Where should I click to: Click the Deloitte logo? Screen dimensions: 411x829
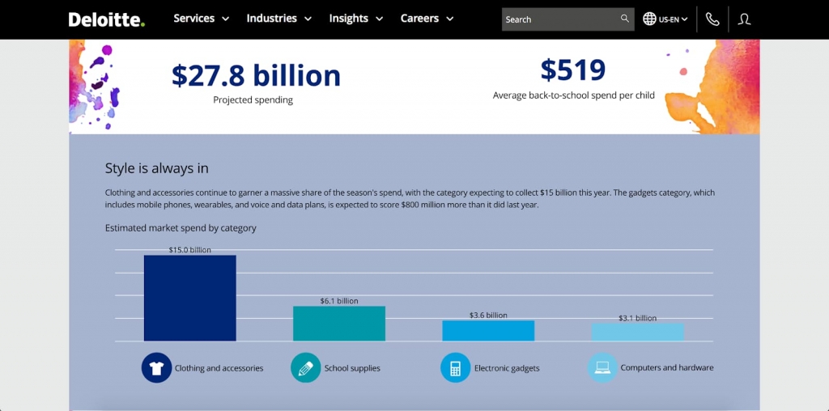point(106,19)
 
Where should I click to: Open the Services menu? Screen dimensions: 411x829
point(201,19)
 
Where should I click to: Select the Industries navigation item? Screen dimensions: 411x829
point(278,19)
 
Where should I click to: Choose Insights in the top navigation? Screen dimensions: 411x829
point(355,19)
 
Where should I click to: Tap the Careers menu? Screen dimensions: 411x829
point(427,19)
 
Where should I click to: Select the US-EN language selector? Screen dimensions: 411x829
point(665,19)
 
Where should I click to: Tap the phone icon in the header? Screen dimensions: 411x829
point(712,19)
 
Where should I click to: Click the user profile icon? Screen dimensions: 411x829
point(745,19)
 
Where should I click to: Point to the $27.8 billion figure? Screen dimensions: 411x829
point(256,75)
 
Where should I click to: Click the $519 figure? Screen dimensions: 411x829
point(573,70)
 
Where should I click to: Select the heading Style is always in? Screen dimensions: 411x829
point(157,168)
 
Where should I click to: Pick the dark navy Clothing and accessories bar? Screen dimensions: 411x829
point(189,298)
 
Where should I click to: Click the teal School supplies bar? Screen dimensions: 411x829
point(338,324)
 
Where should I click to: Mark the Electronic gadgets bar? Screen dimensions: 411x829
point(488,330)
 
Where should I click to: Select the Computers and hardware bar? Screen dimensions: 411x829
point(637,332)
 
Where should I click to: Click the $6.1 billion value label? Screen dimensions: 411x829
point(338,301)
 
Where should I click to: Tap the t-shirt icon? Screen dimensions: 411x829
point(156,367)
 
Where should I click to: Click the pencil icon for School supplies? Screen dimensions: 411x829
point(305,367)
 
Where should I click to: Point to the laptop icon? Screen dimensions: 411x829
point(602,367)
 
